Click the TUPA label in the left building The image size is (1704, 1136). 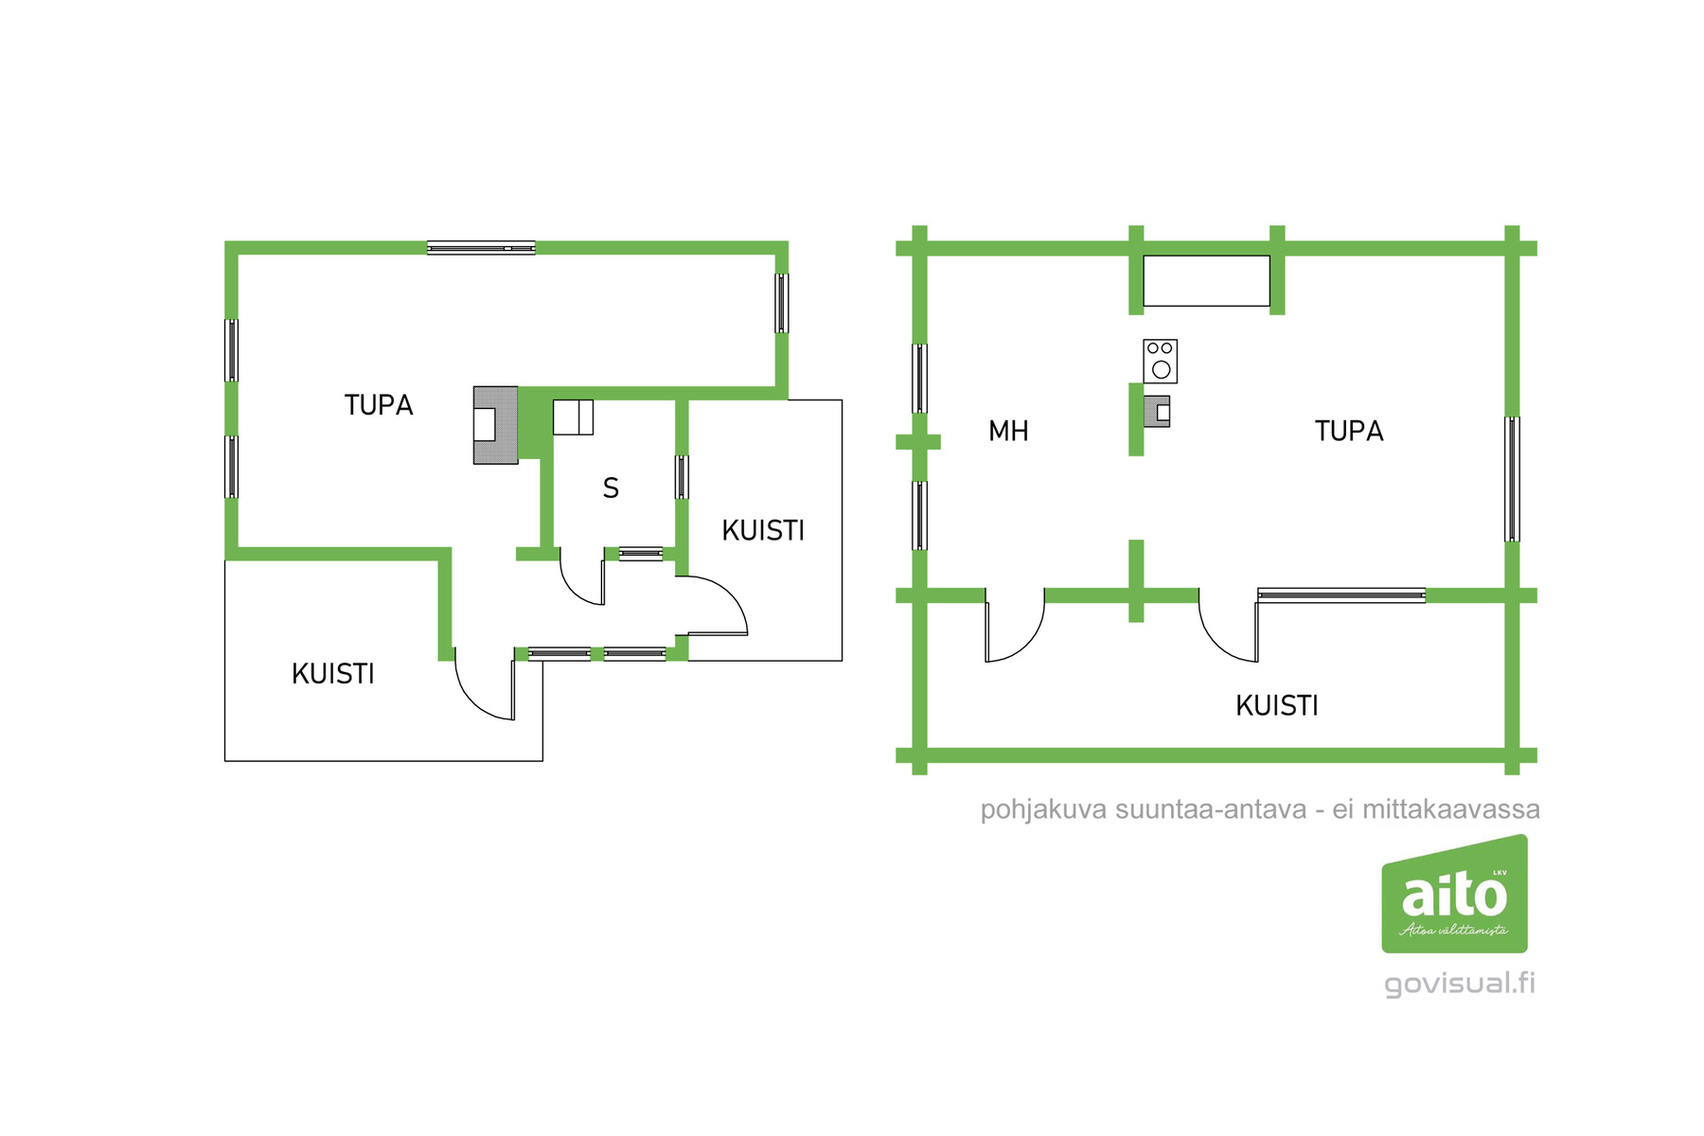[x=379, y=405]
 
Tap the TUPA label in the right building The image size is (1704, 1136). [x=1349, y=432]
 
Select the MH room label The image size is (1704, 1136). [x=1008, y=432]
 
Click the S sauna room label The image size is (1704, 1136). [x=611, y=488]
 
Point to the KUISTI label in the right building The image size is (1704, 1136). [x=1277, y=706]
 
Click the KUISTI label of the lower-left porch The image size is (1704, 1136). [x=333, y=674]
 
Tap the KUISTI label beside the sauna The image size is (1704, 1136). [x=763, y=531]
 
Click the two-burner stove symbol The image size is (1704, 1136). [x=1160, y=361]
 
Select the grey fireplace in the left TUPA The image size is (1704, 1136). [x=495, y=425]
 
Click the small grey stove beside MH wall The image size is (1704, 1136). [x=1157, y=412]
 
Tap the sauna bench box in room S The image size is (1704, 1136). [x=573, y=417]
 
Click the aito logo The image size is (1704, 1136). [x=1454, y=895]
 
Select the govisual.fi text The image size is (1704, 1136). [x=1459, y=984]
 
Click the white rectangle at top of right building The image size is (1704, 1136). [x=1206, y=280]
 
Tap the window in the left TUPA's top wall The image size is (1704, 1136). [x=481, y=248]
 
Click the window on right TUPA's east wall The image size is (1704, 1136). [x=1512, y=479]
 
